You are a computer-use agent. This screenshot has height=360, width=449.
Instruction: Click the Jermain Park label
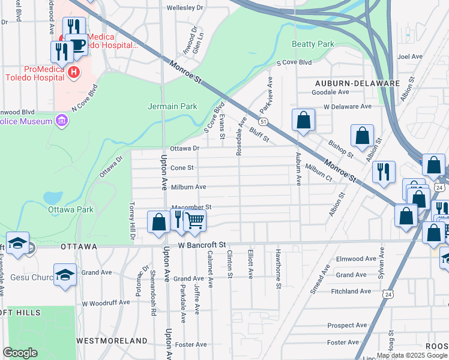[x=172, y=106]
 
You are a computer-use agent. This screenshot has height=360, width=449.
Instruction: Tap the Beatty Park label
[x=312, y=44]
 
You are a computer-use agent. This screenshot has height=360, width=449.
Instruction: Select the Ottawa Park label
[x=71, y=210]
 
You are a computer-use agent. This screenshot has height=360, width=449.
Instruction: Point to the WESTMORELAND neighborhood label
[x=112, y=340]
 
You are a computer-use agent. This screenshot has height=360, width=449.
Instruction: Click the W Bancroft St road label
[x=202, y=245]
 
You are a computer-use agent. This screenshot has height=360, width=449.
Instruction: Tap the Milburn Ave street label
[x=188, y=187]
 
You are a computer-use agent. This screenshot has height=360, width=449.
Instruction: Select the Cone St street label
[x=182, y=168]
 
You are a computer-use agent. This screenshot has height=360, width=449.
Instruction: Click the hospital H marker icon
[x=73, y=72]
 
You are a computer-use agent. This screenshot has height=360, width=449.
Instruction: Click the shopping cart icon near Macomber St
[x=194, y=220]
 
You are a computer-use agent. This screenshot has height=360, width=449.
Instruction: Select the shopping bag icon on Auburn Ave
[x=304, y=119]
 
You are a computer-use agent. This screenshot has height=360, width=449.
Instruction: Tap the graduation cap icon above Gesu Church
[x=18, y=242]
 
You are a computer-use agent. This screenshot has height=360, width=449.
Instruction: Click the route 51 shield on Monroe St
[x=264, y=122]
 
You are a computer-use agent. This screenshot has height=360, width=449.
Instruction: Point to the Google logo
[x=20, y=353]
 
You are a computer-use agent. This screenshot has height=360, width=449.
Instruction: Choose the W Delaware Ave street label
[x=348, y=106]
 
